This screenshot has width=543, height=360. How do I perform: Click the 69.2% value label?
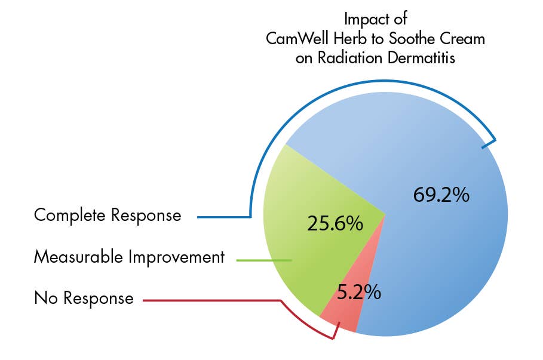[x=441, y=195]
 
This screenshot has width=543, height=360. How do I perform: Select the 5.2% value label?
[x=358, y=293]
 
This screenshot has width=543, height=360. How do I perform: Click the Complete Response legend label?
[x=108, y=215]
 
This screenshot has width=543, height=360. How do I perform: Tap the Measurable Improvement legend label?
[x=129, y=257]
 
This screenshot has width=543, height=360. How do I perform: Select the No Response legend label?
[x=84, y=297]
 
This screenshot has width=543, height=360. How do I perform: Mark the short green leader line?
[x=263, y=260]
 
